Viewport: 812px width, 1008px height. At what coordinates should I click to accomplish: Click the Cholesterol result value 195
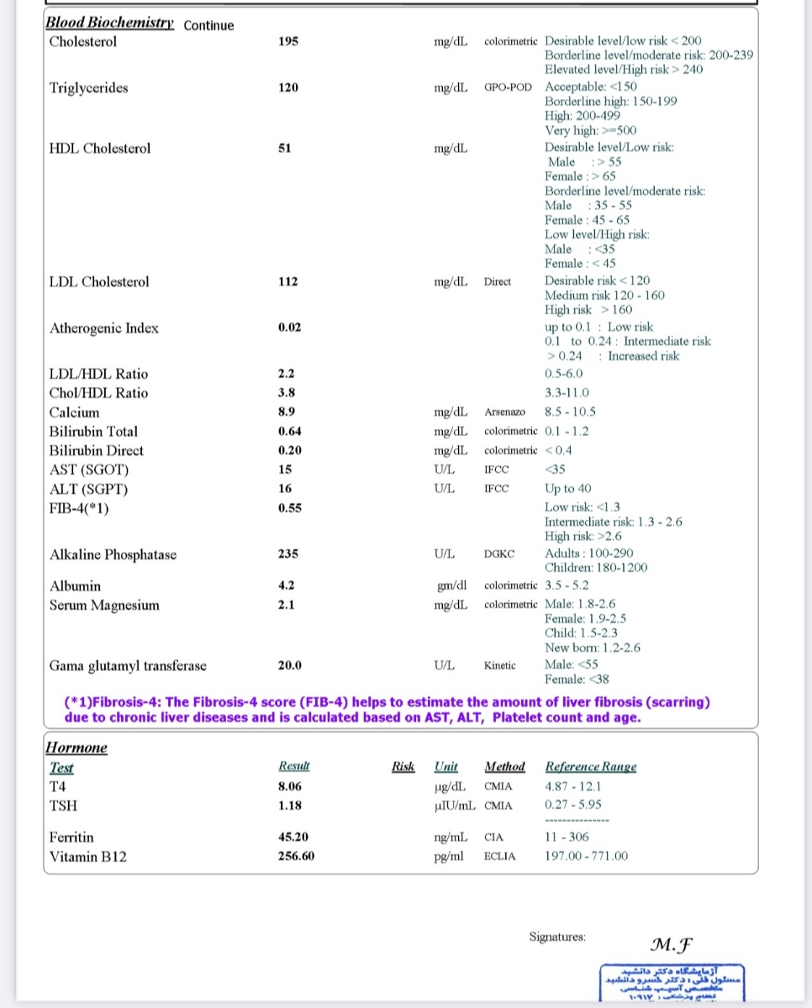287,42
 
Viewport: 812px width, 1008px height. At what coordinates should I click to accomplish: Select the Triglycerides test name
88,87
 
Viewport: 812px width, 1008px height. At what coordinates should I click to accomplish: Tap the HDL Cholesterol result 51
284,148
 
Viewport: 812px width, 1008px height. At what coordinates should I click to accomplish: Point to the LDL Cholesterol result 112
287,281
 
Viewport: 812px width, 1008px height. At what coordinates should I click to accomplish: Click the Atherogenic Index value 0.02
289,328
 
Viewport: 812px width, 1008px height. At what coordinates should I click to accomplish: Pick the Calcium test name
74,412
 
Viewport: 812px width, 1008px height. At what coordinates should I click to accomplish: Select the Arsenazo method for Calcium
505,412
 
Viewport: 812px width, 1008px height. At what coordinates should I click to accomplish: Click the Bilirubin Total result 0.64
289,431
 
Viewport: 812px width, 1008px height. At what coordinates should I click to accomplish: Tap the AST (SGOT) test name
89,470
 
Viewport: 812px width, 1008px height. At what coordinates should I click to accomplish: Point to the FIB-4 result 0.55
289,508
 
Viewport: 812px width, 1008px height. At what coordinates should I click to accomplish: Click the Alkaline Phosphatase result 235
287,554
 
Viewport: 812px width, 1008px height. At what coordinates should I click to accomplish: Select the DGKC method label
499,554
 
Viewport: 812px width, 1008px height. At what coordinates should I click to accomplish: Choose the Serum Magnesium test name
104,605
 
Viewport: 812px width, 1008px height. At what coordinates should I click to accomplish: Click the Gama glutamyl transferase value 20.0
289,666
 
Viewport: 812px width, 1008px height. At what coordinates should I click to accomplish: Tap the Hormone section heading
76,748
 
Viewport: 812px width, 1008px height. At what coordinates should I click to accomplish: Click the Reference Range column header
591,766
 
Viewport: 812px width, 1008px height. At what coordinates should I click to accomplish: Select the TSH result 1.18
289,806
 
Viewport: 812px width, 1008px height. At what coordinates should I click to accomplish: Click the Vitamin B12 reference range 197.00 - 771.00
586,856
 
